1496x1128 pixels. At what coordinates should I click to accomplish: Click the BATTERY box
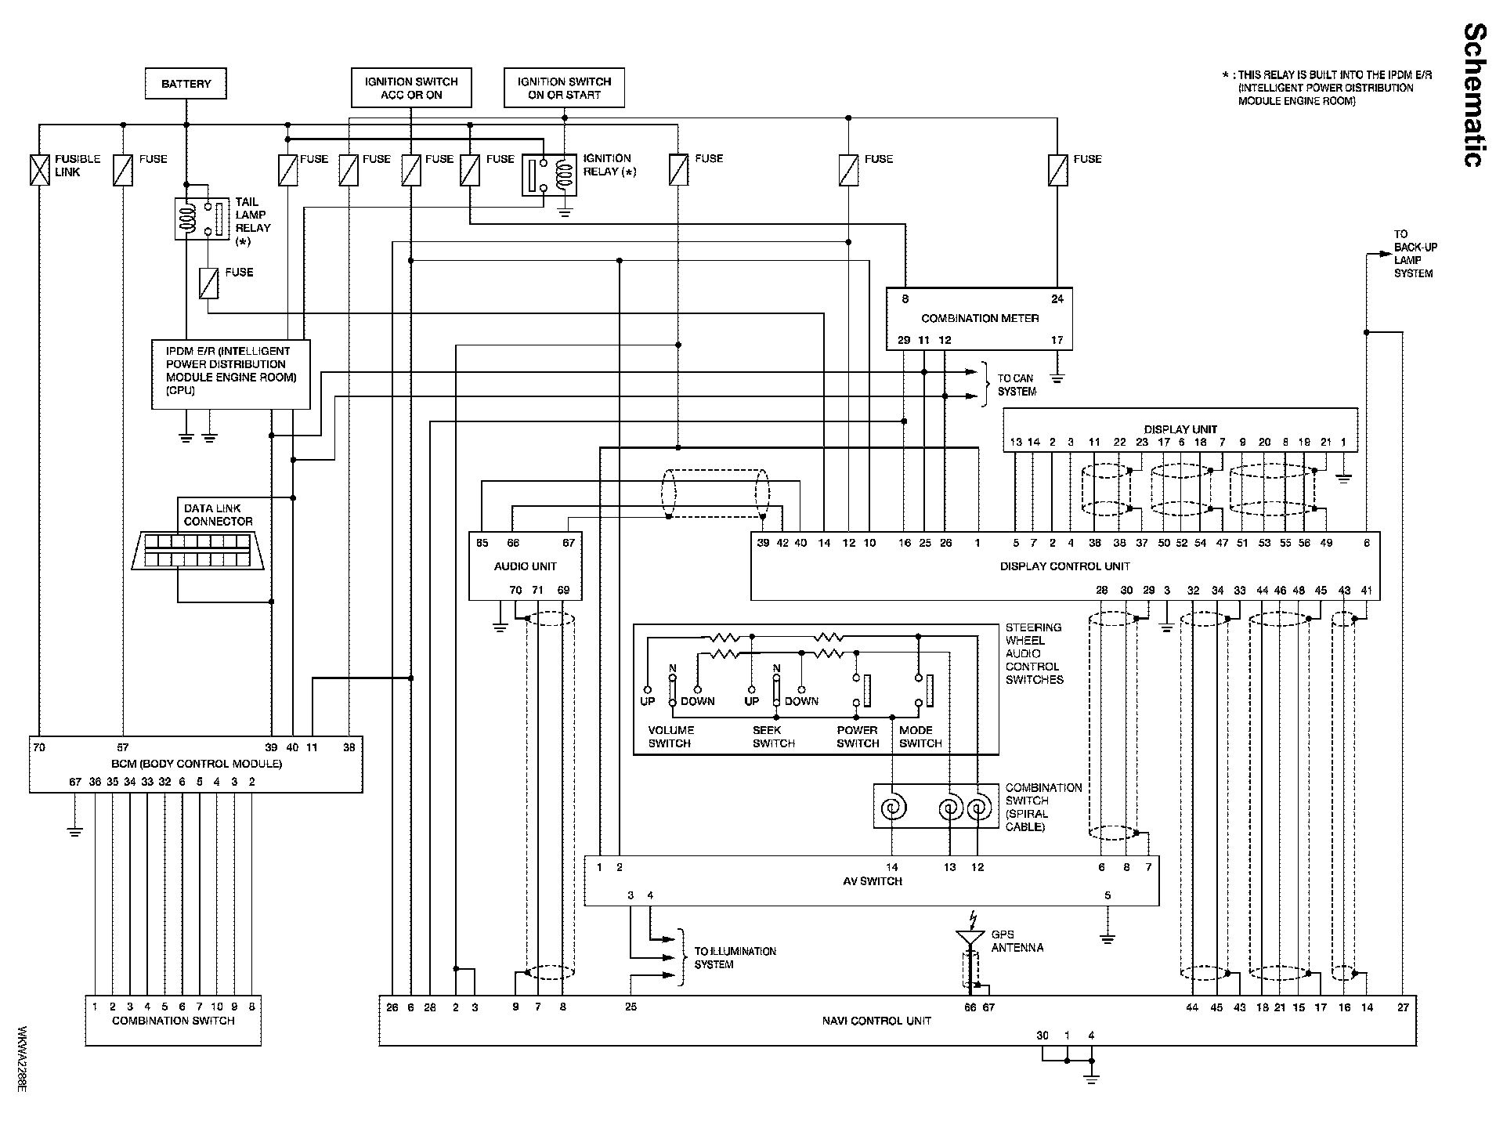(186, 83)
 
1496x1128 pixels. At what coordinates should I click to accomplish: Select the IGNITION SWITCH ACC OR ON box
(411, 87)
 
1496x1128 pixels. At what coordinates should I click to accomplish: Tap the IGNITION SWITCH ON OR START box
(564, 87)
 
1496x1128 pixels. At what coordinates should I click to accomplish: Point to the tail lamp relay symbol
(201, 219)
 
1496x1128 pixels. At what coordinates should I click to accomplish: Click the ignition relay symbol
(550, 175)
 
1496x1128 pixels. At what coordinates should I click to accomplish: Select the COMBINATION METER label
(980, 318)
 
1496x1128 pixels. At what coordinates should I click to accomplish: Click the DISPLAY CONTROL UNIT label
(1065, 566)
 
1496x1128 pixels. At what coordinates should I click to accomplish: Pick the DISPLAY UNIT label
(1180, 429)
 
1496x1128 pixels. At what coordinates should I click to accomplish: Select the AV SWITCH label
(872, 881)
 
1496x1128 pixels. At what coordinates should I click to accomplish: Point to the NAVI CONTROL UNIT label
(876, 1021)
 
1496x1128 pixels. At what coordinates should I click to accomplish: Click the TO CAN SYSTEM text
(1017, 385)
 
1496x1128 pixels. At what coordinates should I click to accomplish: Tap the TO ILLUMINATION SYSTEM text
(735, 957)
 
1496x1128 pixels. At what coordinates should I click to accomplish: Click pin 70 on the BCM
(39, 747)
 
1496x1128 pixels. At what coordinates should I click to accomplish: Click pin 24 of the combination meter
(1057, 298)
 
